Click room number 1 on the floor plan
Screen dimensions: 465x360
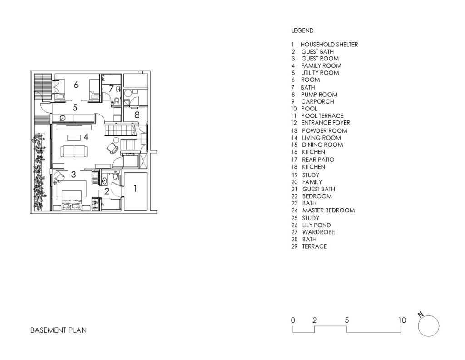click(135, 189)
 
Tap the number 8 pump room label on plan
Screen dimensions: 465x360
click(137, 115)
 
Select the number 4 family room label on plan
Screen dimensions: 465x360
click(86, 137)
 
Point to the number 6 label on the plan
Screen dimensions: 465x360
click(76, 85)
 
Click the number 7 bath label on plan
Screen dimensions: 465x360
click(111, 89)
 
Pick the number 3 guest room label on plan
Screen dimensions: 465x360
click(74, 174)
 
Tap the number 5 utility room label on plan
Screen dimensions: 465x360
click(75, 107)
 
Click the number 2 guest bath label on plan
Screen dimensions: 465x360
click(107, 191)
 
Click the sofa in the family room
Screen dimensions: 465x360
click(74, 151)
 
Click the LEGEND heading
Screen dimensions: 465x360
click(302, 30)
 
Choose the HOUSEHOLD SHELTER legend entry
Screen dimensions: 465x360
click(329, 45)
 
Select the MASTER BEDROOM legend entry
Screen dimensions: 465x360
click(328, 210)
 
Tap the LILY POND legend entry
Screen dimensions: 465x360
click(316, 225)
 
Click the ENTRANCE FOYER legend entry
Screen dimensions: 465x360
click(326, 123)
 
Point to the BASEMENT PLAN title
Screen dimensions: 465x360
click(59, 330)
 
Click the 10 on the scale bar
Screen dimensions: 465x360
click(402, 320)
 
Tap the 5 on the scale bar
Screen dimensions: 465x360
click(346, 320)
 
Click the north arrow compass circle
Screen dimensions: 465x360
click(429, 326)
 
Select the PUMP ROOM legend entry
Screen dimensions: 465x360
click(319, 95)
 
